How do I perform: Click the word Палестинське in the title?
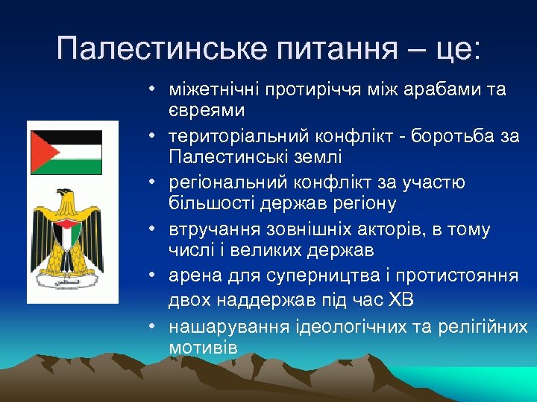tap(160, 49)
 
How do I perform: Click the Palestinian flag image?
tap(65, 153)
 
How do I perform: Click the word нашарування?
tap(222, 327)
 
